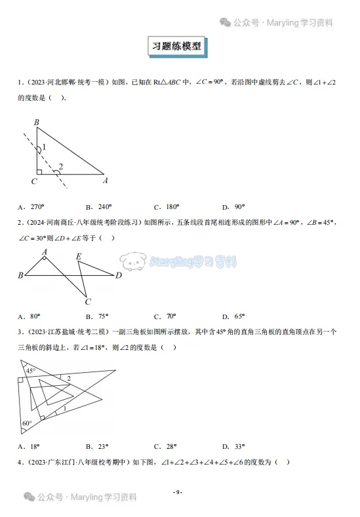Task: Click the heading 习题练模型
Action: click(x=180, y=47)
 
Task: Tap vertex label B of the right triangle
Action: click(x=37, y=122)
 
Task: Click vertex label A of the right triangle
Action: click(x=106, y=181)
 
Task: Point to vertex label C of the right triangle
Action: click(x=33, y=181)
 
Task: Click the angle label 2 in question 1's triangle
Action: click(x=61, y=166)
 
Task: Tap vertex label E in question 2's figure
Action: click(x=79, y=256)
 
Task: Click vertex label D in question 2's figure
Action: click(x=119, y=276)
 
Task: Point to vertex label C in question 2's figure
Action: click(x=88, y=302)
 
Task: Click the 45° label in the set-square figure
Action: click(x=31, y=370)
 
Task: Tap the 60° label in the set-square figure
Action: click(x=27, y=423)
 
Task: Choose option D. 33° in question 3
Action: click(x=232, y=446)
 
